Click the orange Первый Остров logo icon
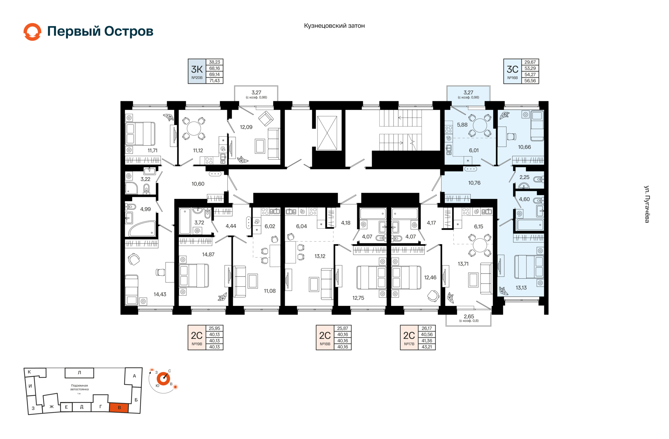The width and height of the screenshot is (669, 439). click(32, 32)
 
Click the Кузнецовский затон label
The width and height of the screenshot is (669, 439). click(334, 26)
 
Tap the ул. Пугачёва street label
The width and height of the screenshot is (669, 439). click(647, 204)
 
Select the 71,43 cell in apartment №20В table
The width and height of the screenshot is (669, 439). click(214, 80)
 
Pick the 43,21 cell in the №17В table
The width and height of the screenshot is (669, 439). click(426, 347)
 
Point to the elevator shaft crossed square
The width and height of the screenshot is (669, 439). click(327, 133)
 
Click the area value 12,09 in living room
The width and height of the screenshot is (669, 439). click(246, 127)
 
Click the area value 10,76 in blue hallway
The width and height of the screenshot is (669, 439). click(474, 183)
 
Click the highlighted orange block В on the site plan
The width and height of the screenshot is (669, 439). click(119, 408)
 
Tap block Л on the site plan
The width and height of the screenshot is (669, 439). click(79, 373)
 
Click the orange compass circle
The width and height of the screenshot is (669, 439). click(163, 378)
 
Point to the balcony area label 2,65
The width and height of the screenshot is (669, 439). click(469, 316)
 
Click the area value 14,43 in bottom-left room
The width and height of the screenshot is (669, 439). click(160, 294)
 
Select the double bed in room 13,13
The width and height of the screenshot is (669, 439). click(529, 267)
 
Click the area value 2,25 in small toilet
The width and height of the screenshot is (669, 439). click(524, 177)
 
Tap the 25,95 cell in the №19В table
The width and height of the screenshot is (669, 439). click(214, 328)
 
